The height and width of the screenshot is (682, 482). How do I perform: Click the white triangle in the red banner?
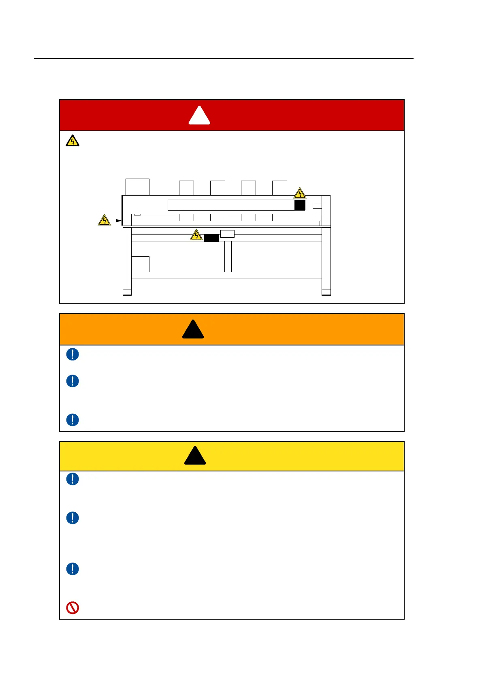coord(199,116)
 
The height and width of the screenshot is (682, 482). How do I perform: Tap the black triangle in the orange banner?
coord(193,330)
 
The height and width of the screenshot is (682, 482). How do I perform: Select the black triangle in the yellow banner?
coord(195,456)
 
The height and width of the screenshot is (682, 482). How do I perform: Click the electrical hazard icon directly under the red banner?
coord(73,141)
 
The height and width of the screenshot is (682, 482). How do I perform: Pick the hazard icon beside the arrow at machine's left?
coord(105,220)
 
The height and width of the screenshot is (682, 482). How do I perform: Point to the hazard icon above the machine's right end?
coord(300,193)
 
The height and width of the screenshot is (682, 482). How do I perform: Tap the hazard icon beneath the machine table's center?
coord(196,235)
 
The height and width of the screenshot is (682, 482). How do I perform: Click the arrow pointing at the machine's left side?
coord(116,221)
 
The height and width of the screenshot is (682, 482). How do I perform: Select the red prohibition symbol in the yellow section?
coord(73,607)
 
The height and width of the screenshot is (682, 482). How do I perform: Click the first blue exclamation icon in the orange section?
coord(73,354)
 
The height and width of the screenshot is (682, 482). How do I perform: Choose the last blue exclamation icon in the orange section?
coord(73,420)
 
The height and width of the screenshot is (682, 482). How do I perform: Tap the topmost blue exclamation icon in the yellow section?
coord(73,479)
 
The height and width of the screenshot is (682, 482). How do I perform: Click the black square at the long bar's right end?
coord(300,205)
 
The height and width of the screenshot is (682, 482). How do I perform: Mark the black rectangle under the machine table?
coord(211,238)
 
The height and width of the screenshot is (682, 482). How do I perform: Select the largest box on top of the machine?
coord(137,187)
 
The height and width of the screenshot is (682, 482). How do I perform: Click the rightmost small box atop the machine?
coord(279,188)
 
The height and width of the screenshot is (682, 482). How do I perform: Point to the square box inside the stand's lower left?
coord(140,264)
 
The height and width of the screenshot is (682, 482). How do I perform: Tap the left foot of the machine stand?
coord(127,292)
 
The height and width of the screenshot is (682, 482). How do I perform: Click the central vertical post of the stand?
coord(228,256)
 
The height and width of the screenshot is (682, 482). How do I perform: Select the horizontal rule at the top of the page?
coord(224,58)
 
